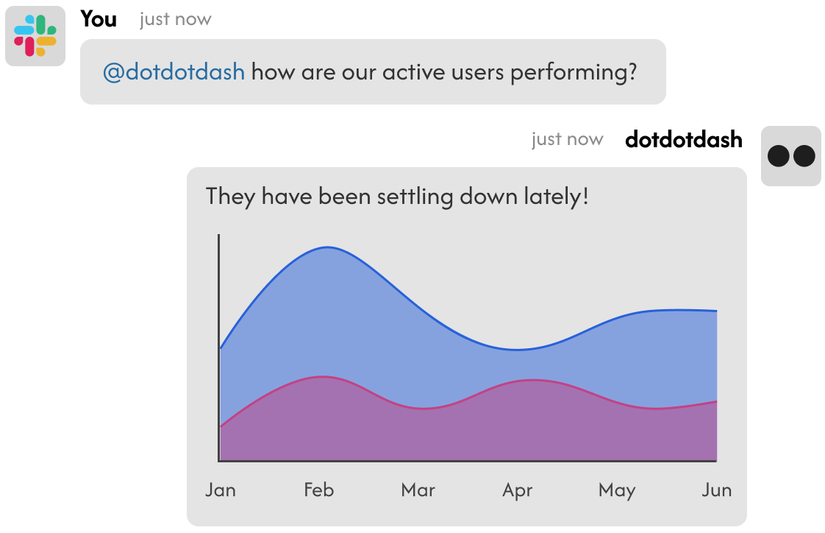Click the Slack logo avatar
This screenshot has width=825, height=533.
click(35, 36)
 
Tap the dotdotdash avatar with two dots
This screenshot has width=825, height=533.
click(790, 156)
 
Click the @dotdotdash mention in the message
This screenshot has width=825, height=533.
click(174, 71)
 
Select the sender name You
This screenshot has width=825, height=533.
click(99, 19)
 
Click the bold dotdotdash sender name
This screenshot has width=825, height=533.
click(684, 140)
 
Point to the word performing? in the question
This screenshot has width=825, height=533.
click(574, 73)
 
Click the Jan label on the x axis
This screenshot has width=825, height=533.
click(221, 490)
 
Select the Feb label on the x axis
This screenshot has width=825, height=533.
click(319, 490)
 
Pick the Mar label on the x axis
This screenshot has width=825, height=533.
click(418, 490)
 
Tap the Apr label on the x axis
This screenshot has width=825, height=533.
click(518, 491)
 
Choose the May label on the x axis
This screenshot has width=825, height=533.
click(617, 491)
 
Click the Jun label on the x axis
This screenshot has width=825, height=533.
click(717, 490)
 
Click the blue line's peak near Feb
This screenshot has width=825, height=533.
click(327, 247)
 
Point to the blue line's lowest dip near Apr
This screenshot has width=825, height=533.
click(517, 350)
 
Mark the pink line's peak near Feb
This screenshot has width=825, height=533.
click(323, 377)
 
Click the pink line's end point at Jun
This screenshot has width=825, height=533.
click(717, 401)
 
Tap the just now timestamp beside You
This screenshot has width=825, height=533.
click(176, 19)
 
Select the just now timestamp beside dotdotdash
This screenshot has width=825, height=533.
click(567, 140)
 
